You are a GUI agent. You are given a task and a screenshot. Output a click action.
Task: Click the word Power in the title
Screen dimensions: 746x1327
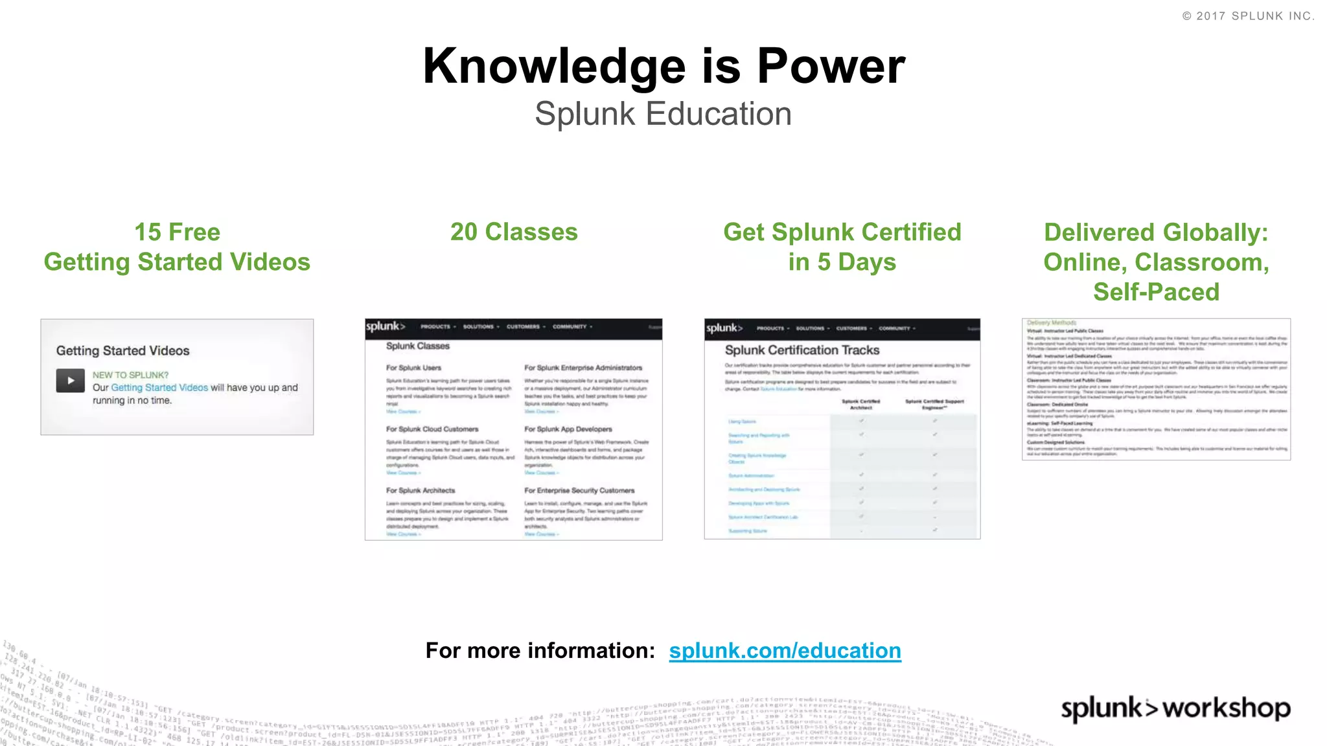tap(831, 66)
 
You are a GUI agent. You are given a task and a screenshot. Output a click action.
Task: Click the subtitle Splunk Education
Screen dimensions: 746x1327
tap(663, 114)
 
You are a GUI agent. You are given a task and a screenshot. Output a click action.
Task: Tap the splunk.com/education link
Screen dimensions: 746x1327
tap(785, 650)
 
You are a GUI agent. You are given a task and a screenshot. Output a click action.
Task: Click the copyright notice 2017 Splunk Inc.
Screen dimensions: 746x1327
tap(1249, 16)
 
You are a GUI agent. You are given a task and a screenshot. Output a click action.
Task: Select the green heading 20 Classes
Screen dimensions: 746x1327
tap(514, 232)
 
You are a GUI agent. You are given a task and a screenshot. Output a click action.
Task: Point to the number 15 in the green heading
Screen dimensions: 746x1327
tap(148, 232)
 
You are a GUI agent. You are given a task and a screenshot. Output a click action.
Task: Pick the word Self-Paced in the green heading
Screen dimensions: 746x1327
tap(1156, 291)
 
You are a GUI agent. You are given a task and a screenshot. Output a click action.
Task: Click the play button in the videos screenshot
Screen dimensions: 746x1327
tap(71, 381)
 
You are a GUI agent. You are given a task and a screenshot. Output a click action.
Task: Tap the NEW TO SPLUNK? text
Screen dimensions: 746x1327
tap(130, 375)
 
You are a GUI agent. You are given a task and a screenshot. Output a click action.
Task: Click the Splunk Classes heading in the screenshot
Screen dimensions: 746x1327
tap(417, 346)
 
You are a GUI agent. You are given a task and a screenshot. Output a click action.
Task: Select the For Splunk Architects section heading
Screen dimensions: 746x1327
tap(421, 490)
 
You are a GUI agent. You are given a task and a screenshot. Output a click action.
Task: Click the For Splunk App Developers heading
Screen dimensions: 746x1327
tap(568, 429)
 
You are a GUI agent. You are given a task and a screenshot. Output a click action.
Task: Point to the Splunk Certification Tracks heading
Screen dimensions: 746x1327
tap(802, 350)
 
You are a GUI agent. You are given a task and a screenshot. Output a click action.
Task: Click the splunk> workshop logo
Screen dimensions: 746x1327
tap(1175, 708)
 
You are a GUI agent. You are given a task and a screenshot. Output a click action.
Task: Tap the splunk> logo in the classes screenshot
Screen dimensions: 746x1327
tap(385, 326)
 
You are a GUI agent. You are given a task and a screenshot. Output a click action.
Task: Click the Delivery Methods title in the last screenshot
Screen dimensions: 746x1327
tap(1051, 322)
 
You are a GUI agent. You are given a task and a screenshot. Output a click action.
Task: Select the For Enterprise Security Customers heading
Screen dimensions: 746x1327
tap(579, 490)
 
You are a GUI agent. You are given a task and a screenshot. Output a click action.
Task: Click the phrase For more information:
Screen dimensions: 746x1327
tap(540, 650)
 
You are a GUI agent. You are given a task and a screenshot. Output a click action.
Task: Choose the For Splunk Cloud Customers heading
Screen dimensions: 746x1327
tap(432, 429)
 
